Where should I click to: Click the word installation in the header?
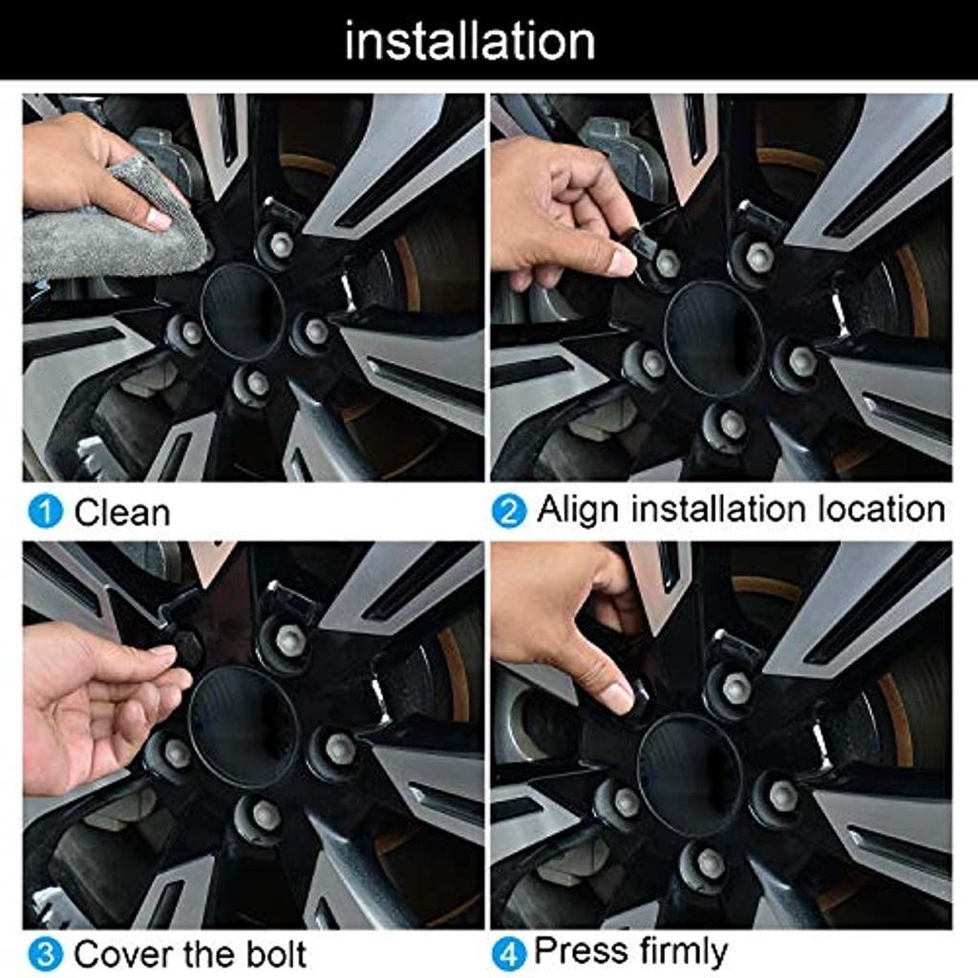click(470, 40)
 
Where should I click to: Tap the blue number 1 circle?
click(46, 512)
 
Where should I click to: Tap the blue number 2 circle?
click(509, 512)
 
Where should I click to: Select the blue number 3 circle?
click(46, 955)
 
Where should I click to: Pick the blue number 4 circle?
click(509, 955)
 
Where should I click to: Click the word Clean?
click(122, 513)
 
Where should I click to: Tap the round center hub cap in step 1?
click(243, 312)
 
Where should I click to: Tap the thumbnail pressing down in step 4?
click(618, 696)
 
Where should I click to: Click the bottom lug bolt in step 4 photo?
click(709, 863)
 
